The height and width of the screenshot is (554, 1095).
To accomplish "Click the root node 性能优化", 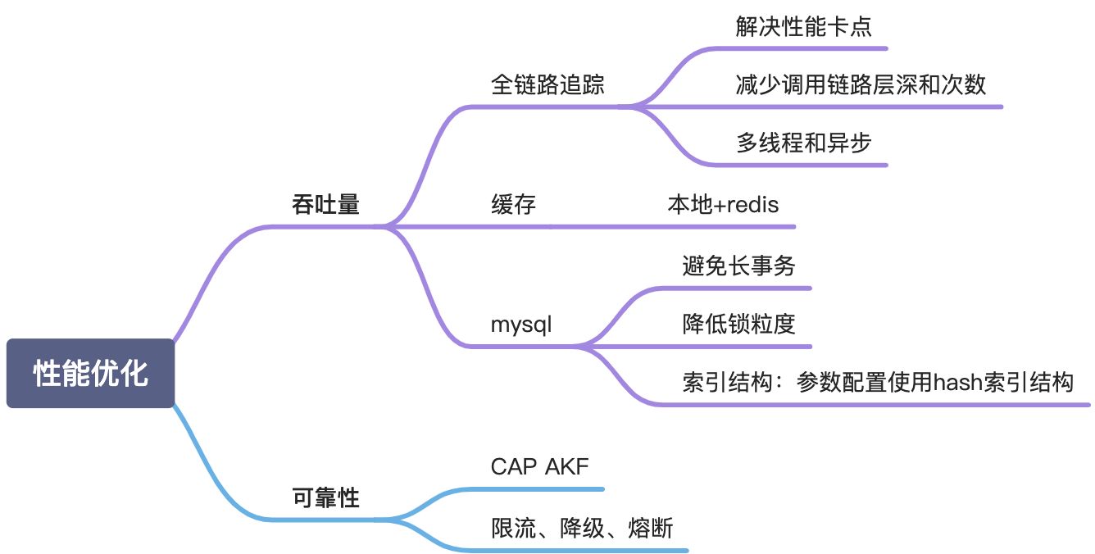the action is point(90,373).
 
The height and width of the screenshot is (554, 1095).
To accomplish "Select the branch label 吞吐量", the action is point(325,204).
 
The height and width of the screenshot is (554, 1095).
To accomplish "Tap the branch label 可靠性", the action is point(325,497).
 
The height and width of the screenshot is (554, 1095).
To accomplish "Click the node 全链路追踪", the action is point(547,84).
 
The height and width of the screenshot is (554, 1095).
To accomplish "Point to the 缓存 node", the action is point(513,204).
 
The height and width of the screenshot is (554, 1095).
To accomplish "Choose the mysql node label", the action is point(521,325).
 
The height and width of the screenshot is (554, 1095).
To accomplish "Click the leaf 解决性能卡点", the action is point(804,26).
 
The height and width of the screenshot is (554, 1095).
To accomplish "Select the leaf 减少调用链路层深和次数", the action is point(861,84).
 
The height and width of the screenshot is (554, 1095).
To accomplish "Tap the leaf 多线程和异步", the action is point(804,143).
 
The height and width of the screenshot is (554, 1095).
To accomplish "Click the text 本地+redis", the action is point(723,204).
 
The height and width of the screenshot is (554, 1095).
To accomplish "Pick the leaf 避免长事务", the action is point(738,266).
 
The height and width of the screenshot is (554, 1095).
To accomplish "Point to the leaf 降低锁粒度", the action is point(738,324).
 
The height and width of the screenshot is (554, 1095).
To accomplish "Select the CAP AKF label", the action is point(539,466).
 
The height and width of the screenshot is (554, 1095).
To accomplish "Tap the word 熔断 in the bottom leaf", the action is point(651,528).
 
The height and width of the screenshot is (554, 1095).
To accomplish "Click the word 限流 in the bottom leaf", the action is point(513,528).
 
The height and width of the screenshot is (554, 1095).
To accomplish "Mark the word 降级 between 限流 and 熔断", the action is point(582,528).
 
